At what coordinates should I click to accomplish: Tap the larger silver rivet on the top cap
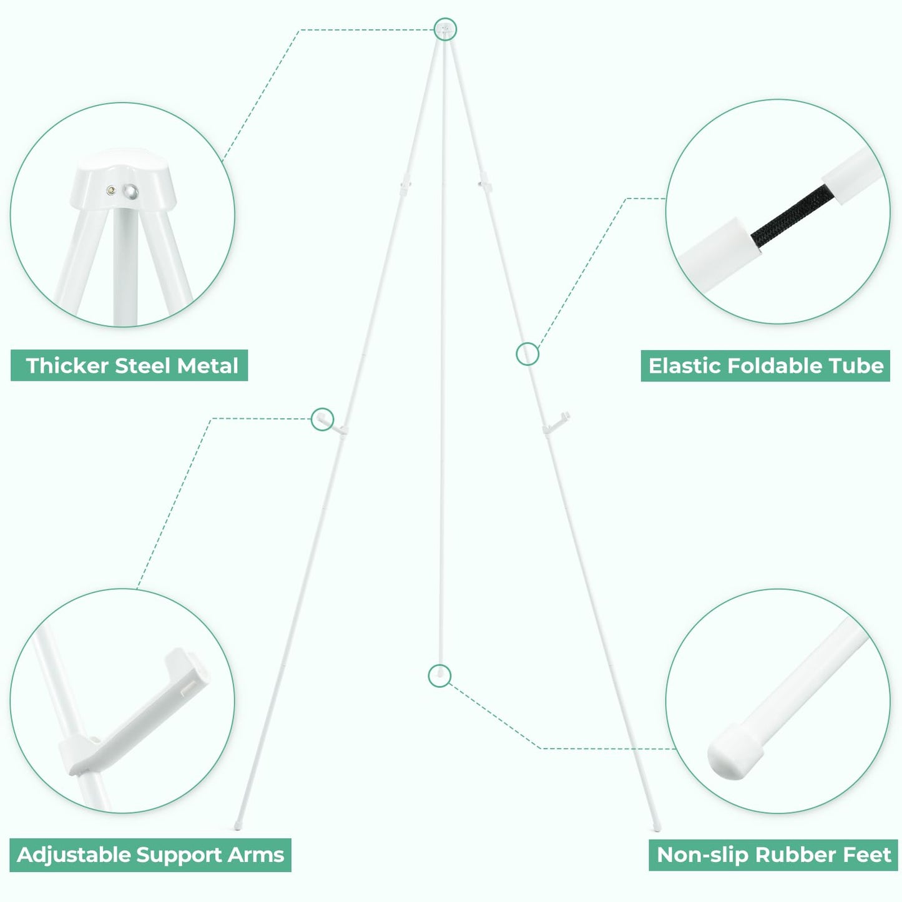pyautogui.click(x=130, y=192)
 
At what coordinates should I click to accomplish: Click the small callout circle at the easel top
pyautogui.click(x=444, y=29)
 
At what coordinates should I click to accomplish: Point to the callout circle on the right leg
pyautogui.click(x=527, y=354)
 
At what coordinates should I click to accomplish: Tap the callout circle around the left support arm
pyautogui.click(x=323, y=419)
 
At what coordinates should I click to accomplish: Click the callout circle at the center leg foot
pyautogui.click(x=439, y=676)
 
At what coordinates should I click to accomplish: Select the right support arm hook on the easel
pyautogui.click(x=557, y=422)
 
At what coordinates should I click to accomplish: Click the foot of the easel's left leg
pyautogui.click(x=238, y=826)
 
